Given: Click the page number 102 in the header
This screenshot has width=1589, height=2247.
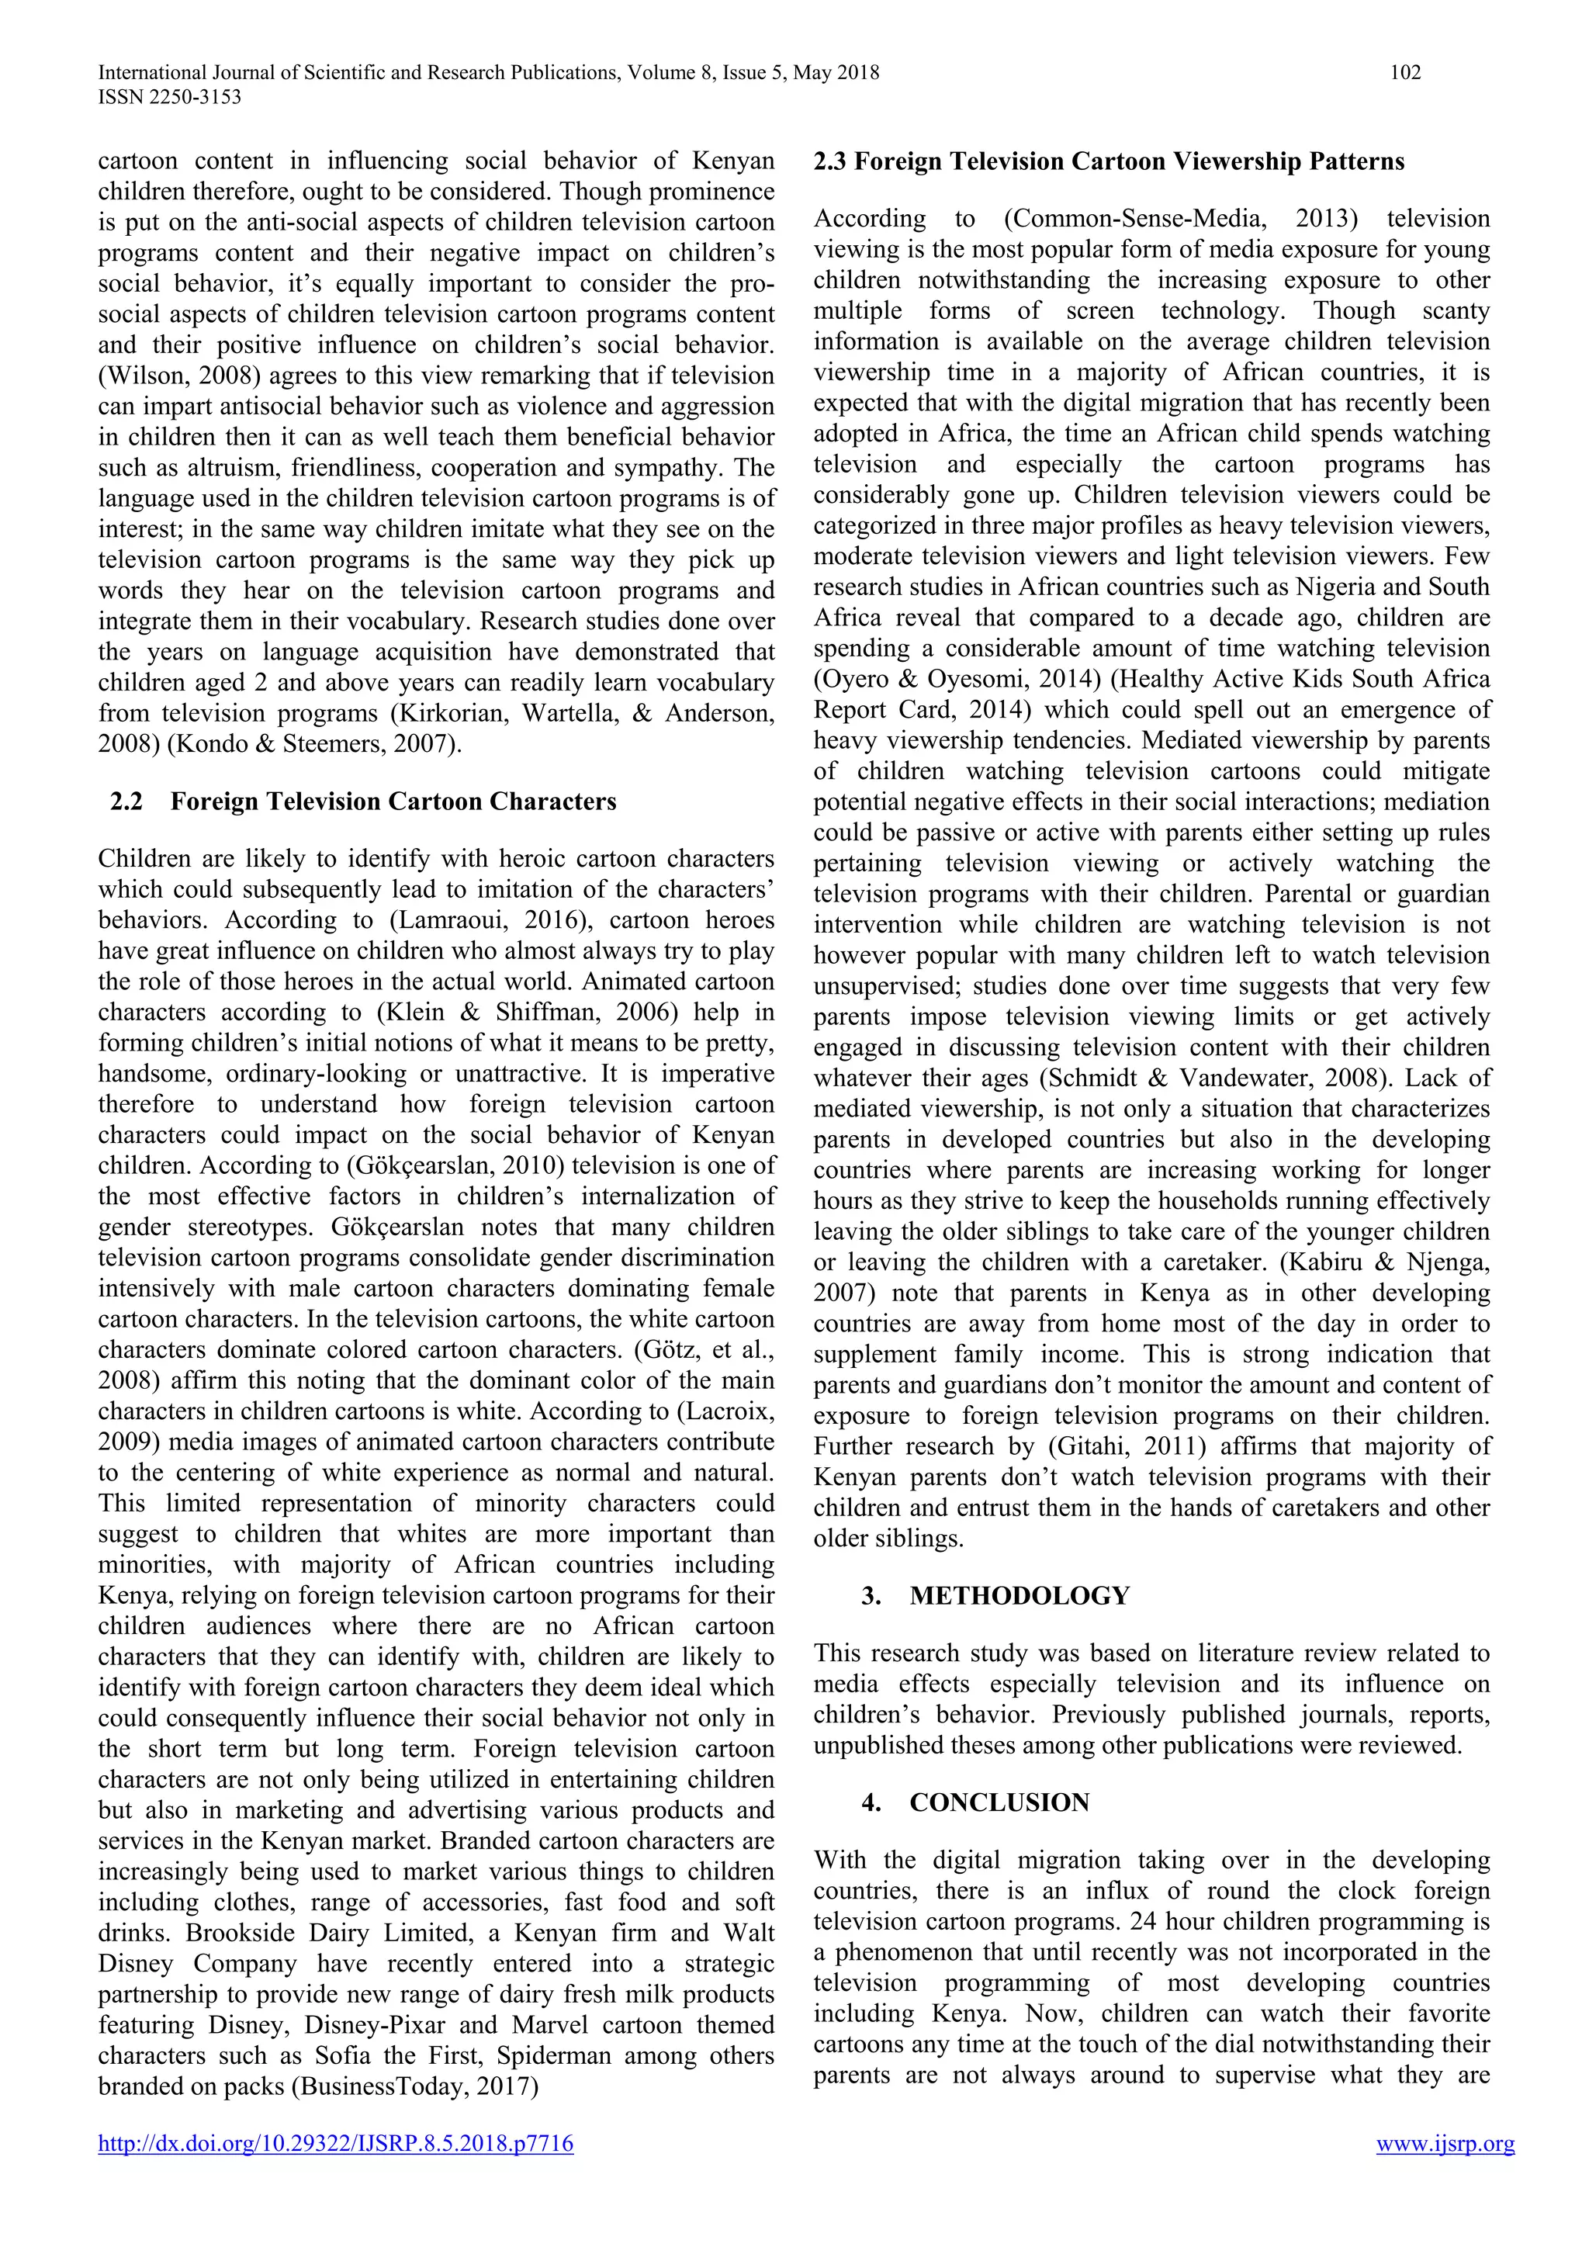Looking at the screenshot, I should pyautogui.click(x=1405, y=72).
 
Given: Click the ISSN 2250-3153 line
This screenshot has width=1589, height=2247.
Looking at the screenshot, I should pyautogui.click(x=169, y=97).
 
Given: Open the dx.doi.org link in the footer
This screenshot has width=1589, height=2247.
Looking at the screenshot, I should pyautogui.click(x=336, y=2172).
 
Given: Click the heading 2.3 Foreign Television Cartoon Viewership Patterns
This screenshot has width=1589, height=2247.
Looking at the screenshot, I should pyautogui.click(x=1109, y=161).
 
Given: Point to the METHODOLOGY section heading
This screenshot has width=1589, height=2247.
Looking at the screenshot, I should pyautogui.click(x=1019, y=1596).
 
